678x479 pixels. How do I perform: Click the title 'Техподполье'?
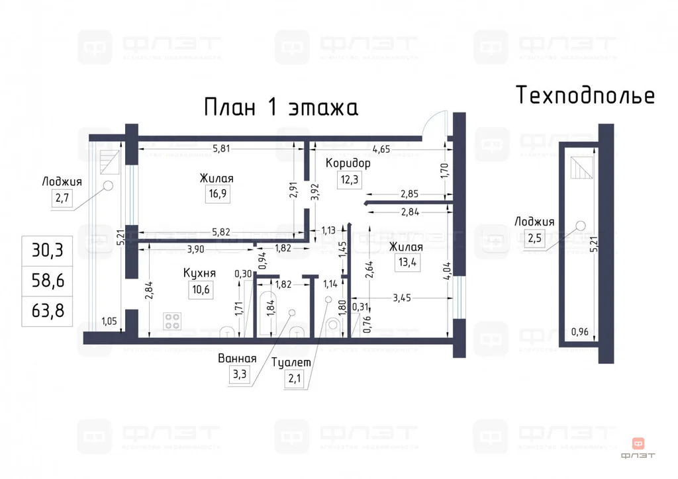pyautogui.click(x=585, y=95)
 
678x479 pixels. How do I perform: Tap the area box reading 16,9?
pyautogui.click(x=217, y=194)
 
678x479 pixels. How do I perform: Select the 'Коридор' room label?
pyautogui.click(x=348, y=163)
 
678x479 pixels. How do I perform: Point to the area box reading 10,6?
pyautogui.click(x=199, y=288)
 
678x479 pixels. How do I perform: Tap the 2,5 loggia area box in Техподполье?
pyautogui.click(x=534, y=238)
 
